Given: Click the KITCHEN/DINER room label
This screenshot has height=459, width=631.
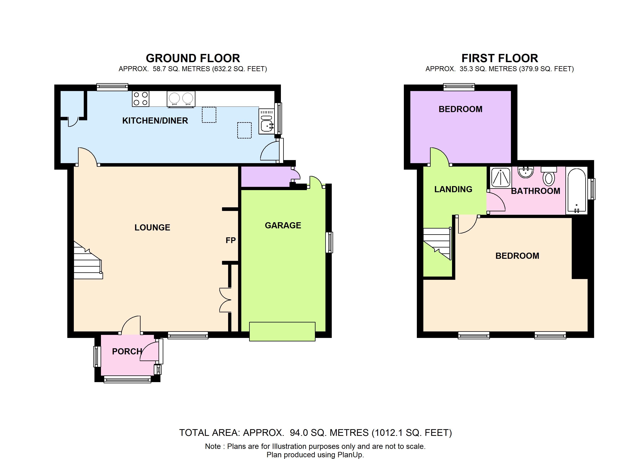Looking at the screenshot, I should point(155,120).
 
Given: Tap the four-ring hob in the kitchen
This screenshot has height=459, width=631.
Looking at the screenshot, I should point(141,99).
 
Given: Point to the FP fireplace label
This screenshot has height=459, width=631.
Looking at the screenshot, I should point(230,240).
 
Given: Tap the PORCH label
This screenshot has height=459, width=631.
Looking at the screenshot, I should point(127,352).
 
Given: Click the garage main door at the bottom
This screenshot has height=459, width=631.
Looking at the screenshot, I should point(282,331).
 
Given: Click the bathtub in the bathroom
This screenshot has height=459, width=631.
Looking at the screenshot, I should point(577,191).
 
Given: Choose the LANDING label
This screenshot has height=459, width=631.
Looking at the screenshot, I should point(453,189).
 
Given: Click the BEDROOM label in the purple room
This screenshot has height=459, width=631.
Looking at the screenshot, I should point(460,109).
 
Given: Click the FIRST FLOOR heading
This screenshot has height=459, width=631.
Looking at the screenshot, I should point(500,58).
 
